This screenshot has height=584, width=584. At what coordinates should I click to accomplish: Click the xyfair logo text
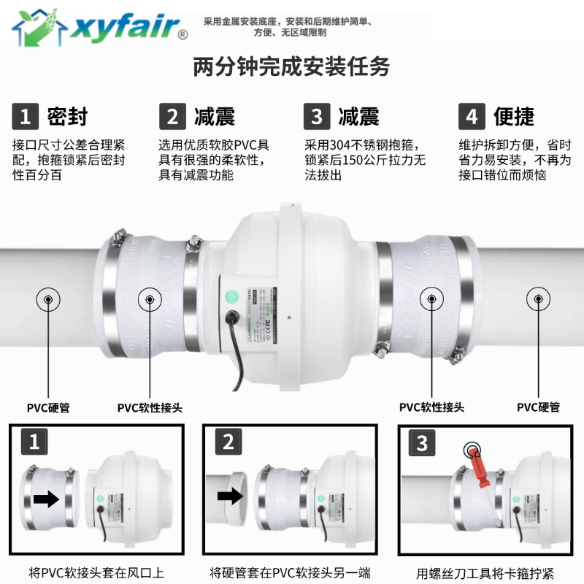tap(120, 28)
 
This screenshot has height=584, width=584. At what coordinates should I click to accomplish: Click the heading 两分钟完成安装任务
tap(291, 67)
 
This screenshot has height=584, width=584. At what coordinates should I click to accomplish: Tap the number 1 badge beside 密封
tap(26, 117)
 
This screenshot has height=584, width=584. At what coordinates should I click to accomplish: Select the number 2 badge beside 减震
tap(172, 117)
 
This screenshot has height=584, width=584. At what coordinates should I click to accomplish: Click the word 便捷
tap(514, 117)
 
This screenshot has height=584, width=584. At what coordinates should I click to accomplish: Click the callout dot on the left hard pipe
tap(48, 299)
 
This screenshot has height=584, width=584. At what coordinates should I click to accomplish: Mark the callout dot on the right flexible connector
tap(431, 299)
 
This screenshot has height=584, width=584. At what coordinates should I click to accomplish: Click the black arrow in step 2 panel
tap(231, 496)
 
